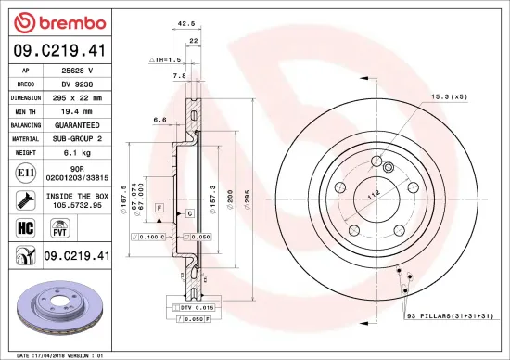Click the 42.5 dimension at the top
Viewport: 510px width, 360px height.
point(185,25)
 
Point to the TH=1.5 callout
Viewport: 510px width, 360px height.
point(167,58)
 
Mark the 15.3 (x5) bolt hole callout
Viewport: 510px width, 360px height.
point(446,97)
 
